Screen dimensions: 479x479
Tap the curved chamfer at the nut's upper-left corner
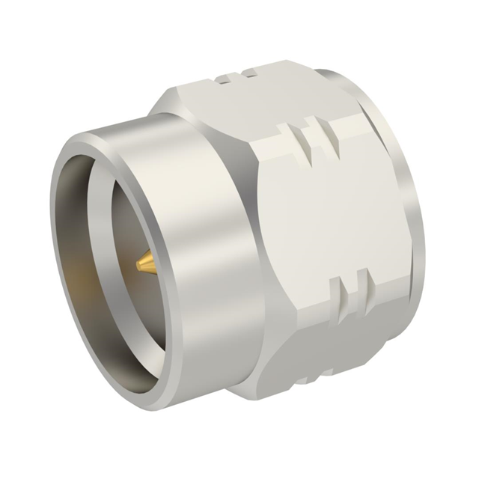[x=168, y=105]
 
